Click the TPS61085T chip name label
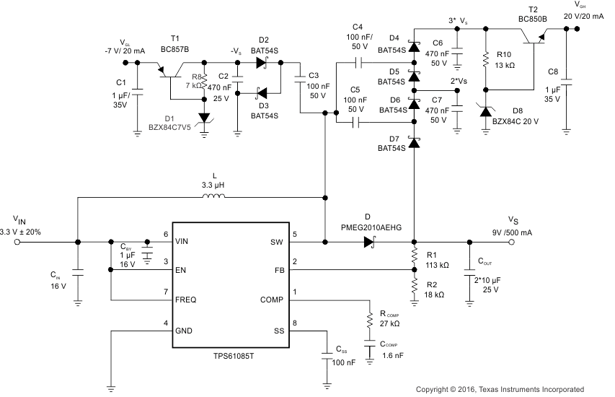tap(228, 357)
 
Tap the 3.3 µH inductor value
tap(213, 184)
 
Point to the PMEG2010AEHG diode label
tap(368, 227)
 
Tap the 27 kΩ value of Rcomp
tap(391, 324)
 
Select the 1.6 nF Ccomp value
tap(394, 356)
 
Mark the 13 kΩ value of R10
tap(505, 65)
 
